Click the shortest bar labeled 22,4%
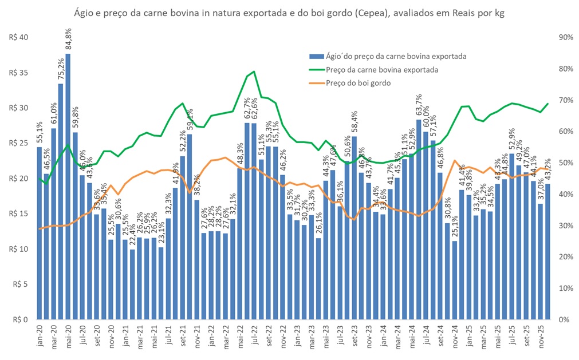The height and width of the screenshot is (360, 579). (132, 284)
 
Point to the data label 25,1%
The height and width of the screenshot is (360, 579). (455, 226)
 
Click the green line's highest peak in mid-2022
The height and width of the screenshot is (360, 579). (254, 72)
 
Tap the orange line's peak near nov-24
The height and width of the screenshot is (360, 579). (455, 161)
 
